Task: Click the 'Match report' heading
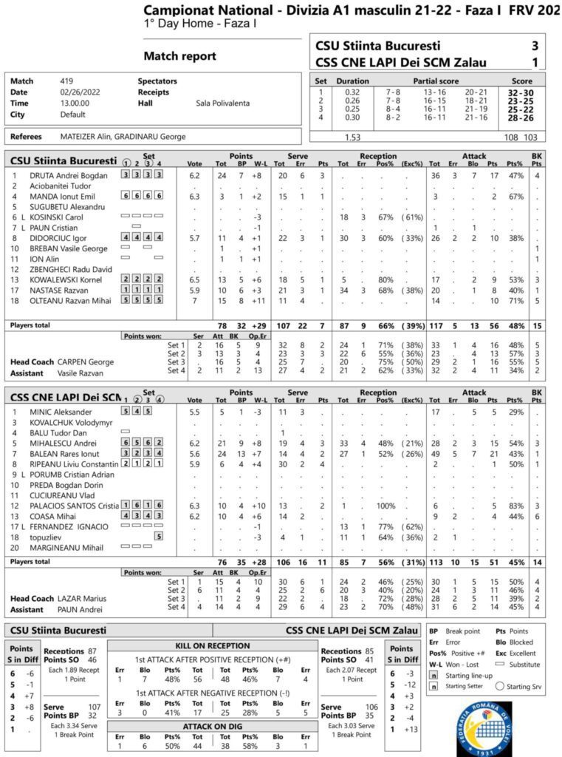[x=179, y=56]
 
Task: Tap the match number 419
[x=66, y=81]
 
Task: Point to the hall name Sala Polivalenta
[x=222, y=103]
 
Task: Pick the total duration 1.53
[x=352, y=137]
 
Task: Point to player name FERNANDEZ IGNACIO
[x=69, y=526]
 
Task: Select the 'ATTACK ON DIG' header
[x=211, y=725]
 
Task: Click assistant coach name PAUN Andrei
[x=81, y=609]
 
